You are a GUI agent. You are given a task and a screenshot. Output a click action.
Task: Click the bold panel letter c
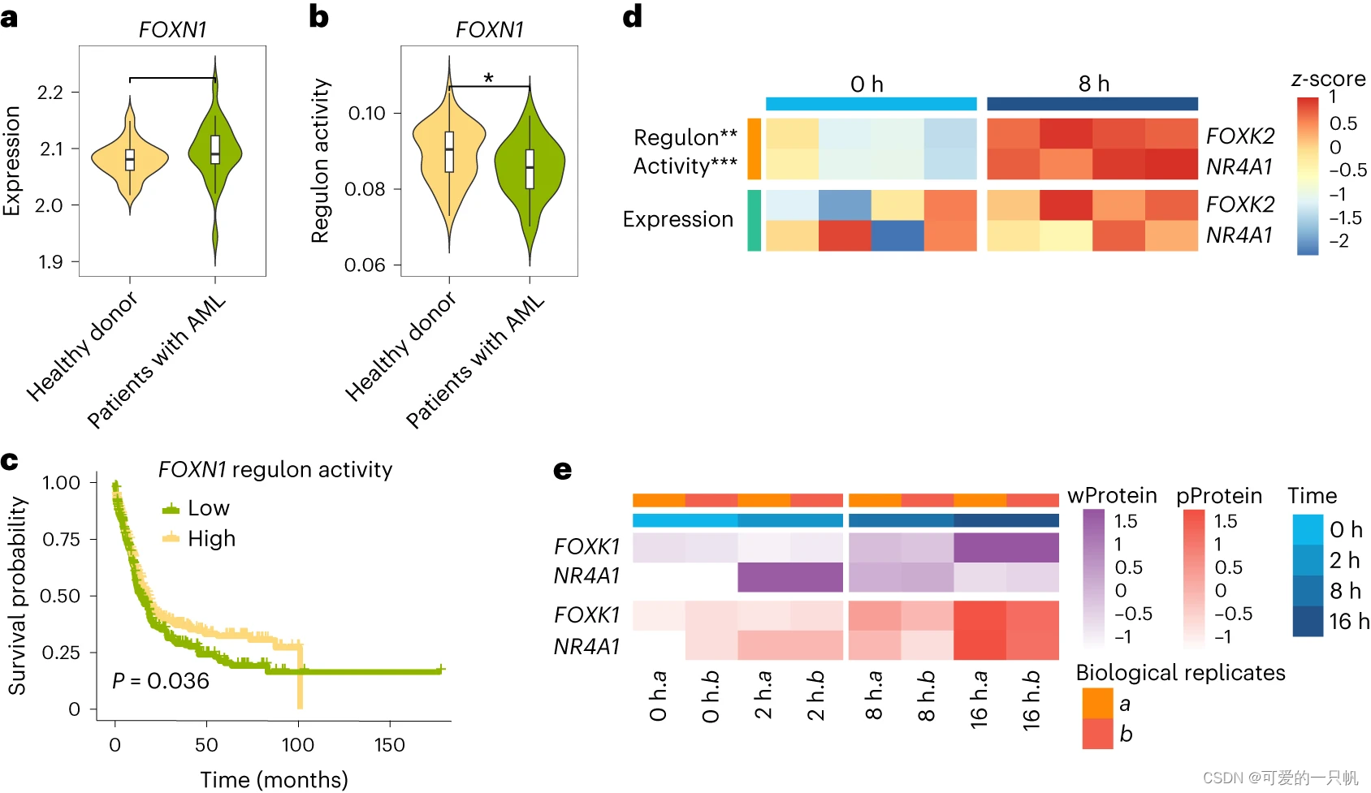point(10,462)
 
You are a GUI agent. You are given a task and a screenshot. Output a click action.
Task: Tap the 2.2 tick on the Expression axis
point(50,93)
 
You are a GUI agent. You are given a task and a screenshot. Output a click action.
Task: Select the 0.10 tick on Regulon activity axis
point(367,114)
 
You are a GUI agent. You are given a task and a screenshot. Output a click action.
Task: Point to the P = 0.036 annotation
point(161,681)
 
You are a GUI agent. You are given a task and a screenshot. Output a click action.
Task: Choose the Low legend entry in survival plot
point(208,508)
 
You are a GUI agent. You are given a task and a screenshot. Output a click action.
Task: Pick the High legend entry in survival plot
point(211,539)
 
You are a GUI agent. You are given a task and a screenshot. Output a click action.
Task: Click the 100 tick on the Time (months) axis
point(298,744)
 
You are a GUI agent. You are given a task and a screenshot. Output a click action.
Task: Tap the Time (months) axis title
point(274,779)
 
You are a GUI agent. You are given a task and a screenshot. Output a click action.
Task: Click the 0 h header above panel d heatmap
point(867,84)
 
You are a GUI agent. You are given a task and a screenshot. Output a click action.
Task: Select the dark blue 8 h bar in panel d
point(1092,104)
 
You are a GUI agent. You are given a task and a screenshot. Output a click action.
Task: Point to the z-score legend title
point(1328,79)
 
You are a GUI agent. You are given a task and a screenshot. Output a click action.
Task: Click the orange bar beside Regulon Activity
point(755,149)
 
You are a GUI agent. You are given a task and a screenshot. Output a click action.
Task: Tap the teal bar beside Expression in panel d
point(755,220)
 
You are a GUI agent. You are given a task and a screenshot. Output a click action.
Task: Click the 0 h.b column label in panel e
point(711,696)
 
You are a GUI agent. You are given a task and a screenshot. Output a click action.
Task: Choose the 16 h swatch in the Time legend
point(1308,622)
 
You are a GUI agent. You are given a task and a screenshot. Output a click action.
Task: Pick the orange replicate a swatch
point(1097,703)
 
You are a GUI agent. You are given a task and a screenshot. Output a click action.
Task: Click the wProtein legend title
point(1112,496)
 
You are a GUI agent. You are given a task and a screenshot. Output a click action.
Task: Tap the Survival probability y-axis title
point(17,596)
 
